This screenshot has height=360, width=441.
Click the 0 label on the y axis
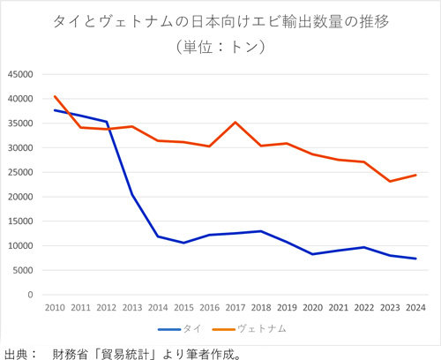tap(30, 295)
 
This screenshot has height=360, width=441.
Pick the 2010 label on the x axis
tap(55, 307)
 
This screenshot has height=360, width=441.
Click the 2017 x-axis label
tap(235, 307)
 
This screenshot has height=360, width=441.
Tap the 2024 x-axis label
tap(415, 307)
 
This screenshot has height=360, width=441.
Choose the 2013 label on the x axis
tap(131, 307)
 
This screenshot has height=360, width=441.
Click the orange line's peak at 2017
tap(235, 122)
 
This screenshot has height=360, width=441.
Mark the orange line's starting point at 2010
tap(55, 96)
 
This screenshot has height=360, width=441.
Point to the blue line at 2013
tap(131, 195)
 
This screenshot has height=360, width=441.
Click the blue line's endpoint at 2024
tap(415, 259)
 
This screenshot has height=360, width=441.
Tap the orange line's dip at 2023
tap(390, 181)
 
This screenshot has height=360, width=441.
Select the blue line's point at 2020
tap(312, 254)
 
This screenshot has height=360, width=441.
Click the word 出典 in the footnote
tap(15, 352)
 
